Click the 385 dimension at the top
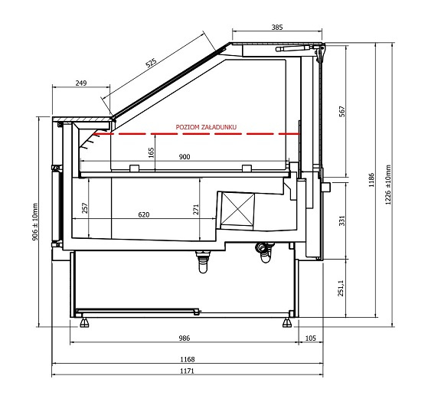click(277, 28)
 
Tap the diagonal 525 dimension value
click(151, 63)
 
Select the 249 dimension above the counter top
click(81, 83)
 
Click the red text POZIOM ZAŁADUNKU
click(206, 127)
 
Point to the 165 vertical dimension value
click(152, 153)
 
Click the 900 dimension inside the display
click(185, 157)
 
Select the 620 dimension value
click(144, 214)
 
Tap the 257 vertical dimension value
click(85, 208)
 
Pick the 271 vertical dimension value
click(196, 210)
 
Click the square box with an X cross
click(237, 210)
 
